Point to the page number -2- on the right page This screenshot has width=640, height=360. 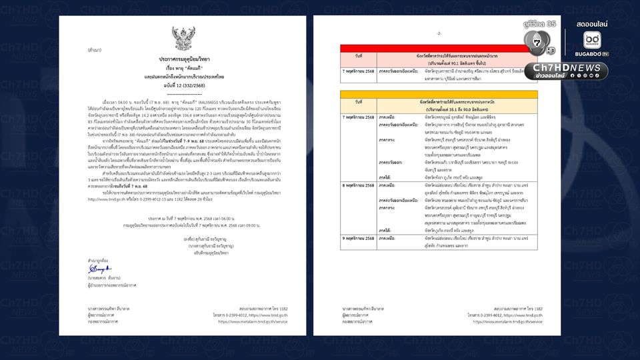(437, 33)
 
